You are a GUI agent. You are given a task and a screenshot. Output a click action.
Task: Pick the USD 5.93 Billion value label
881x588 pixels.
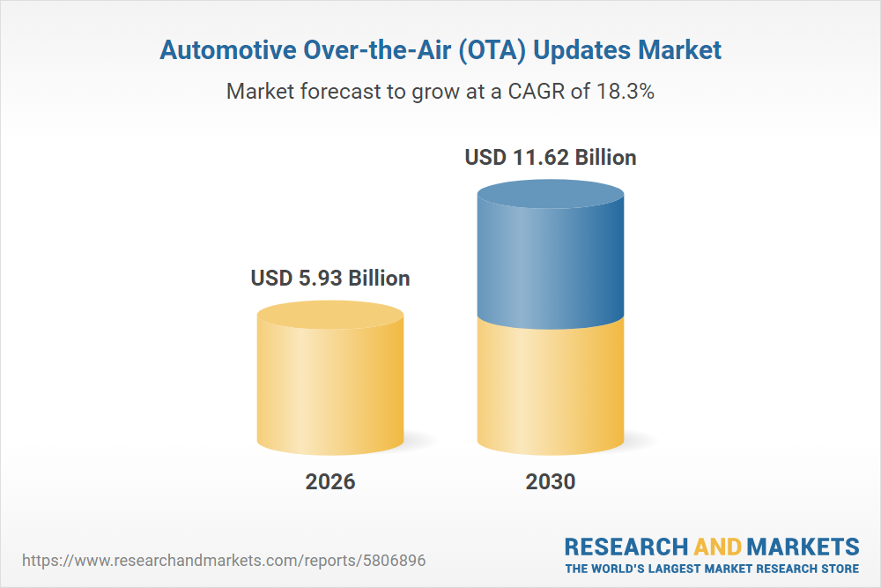click(x=330, y=279)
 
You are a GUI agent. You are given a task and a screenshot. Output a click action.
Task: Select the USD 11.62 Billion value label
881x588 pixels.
click(x=551, y=159)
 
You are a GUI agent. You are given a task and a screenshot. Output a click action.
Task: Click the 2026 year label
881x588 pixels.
click(x=330, y=482)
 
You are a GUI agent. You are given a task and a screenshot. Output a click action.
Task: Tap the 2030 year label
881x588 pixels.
click(x=551, y=482)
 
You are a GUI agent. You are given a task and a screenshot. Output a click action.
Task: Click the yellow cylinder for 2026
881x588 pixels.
click(x=330, y=388)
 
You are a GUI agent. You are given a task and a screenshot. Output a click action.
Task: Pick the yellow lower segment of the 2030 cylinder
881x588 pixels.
click(x=551, y=388)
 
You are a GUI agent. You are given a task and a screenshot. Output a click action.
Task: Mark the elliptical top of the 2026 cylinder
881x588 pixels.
click(x=330, y=314)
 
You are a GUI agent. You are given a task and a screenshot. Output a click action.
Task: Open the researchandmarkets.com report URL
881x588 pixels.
click(x=228, y=560)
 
